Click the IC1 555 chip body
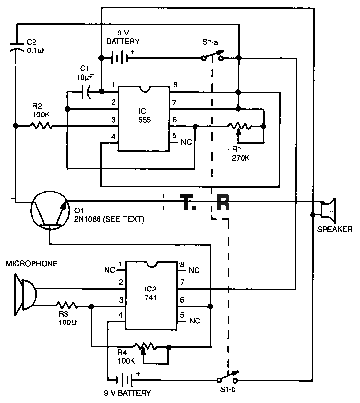click(x=144, y=118)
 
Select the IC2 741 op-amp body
click(x=151, y=295)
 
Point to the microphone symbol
click(x=25, y=294)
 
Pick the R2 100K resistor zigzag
click(x=41, y=126)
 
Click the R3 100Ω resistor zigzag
click(x=67, y=306)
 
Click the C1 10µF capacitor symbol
click(x=86, y=92)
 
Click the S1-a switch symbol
click(x=213, y=56)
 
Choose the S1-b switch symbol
click(x=228, y=377)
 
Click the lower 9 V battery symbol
click(x=125, y=379)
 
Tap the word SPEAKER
click(x=335, y=229)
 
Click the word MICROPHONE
click(x=32, y=264)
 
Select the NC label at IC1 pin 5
click(x=186, y=142)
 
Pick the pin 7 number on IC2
click(x=182, y=282)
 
